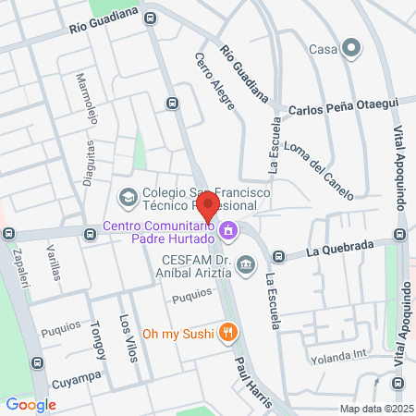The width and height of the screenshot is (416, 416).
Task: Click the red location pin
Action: tap(208, 206)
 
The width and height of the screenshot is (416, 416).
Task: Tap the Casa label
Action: tap(321, 49)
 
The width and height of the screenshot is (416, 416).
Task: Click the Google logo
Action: tap(31, 404)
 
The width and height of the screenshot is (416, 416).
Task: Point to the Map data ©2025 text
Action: tap(375, 409)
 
